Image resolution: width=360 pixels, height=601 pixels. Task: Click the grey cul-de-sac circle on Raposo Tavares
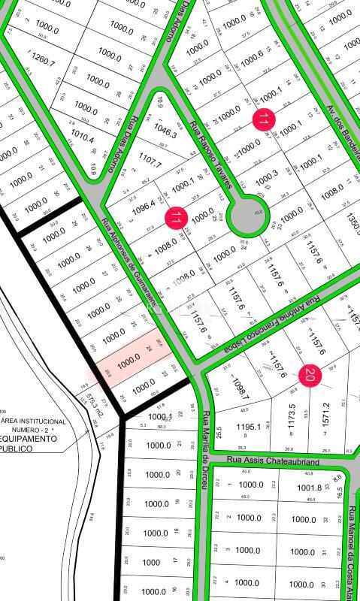click(247, 218)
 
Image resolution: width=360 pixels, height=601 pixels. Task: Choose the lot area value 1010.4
click(80, 139)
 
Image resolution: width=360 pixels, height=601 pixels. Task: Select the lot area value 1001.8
click(310, 488)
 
